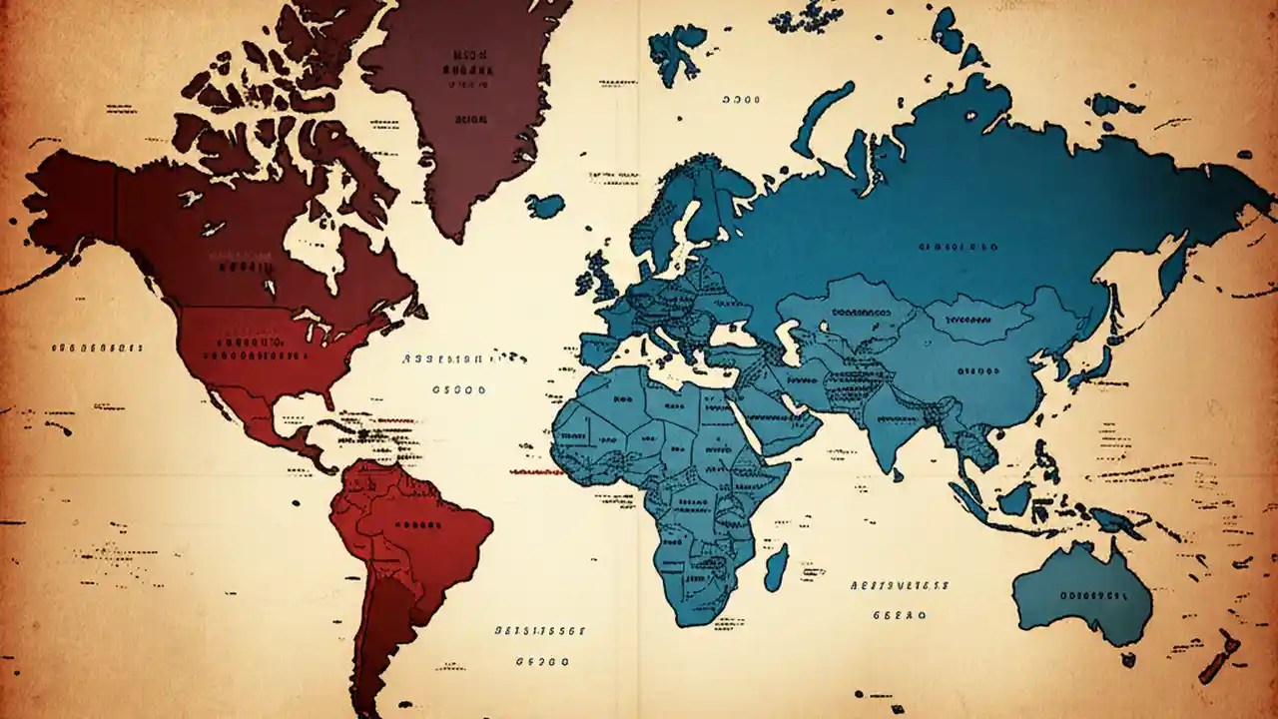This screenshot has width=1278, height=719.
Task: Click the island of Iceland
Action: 545,206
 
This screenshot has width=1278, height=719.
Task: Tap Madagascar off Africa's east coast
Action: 775,565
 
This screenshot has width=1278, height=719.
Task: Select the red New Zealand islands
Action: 1220,659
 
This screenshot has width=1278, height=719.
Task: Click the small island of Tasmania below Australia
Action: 1127,659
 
